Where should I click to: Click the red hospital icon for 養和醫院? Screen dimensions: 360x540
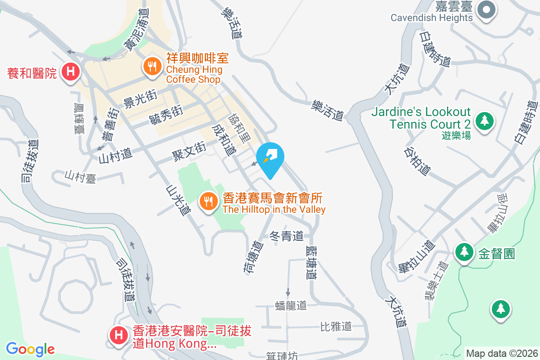70,72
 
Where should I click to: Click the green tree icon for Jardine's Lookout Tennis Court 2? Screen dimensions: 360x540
484,121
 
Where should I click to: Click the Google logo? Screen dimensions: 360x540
30,349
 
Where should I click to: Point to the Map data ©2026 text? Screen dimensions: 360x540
501,353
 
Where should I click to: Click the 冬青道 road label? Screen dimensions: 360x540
286,235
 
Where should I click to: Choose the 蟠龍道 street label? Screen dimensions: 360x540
291,306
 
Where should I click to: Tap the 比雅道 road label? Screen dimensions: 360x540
336,326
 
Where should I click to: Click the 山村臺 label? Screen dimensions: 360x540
80,176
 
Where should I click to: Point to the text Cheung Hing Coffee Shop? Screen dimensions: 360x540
194,74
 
